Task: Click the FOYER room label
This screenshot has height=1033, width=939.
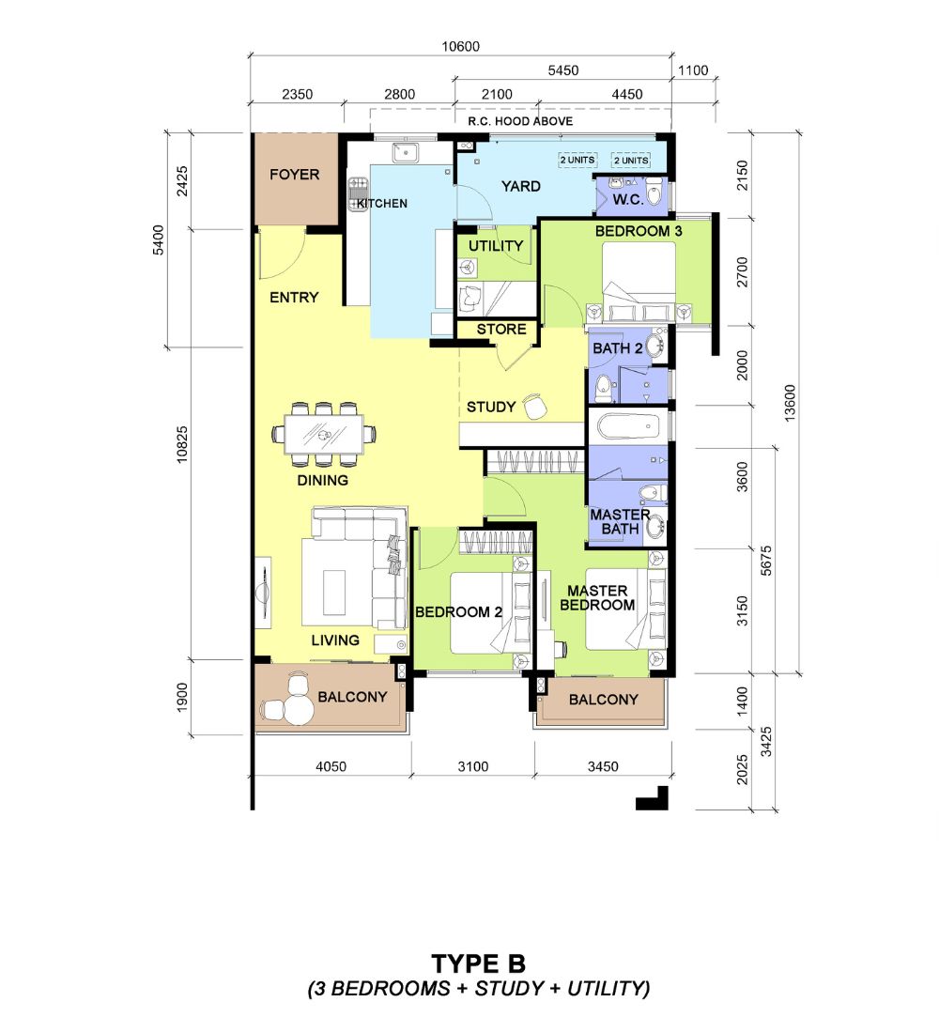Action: pyautogui.click(x=294, y=175)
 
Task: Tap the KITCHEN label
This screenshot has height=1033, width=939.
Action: pyautogui.click(x=382, y=204)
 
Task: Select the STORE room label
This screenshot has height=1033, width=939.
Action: pyautogui.click(x=501, y=330)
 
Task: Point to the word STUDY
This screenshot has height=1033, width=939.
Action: pyautogui.click(x=491, y=408)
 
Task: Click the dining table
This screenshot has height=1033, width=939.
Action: pyautogui.click(x=324, y=434)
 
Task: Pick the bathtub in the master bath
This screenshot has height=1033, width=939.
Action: pyautogui.click(x=628, y=426)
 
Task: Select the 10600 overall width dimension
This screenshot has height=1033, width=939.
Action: pyautogui.click(x=461, y=47)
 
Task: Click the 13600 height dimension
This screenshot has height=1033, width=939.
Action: pyautogui.click(x=790, y=403)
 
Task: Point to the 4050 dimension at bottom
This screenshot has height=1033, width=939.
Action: pyautogui.click(x=331, y=766)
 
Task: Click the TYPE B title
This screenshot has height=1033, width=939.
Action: pyautogui.click(x=478, y=964)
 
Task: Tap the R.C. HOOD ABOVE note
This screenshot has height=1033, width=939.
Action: pyautogui.click(x=520, y=121)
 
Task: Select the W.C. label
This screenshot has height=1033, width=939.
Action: pyautogui.click(x=628, y=199)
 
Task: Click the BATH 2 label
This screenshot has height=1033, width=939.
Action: pyautogui.click(x=618, y=348)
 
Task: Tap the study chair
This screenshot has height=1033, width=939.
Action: pyautogui.click(x=535, y=405)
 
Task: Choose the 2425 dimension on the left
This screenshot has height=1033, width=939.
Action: pyautogui.click(x=182, y=181)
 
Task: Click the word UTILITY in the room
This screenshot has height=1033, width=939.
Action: pyautogui.click(x=496, y=246)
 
